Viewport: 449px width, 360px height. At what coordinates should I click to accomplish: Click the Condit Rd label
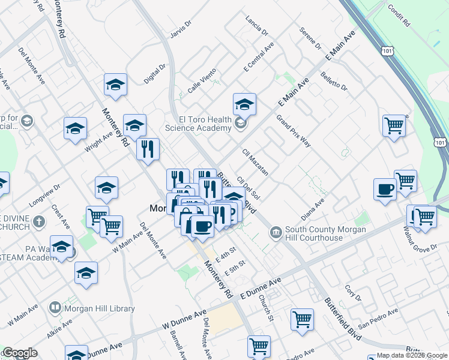point(397,17)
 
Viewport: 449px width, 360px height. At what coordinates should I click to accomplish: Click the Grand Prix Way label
point(294,131)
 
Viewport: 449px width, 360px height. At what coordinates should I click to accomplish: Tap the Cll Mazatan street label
point(255,162)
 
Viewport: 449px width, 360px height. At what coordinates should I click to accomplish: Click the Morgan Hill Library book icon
point(55,308)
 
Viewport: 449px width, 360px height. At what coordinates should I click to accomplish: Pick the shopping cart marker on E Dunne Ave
point(302,319)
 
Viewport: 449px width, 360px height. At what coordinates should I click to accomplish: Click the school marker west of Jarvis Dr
point(115,85)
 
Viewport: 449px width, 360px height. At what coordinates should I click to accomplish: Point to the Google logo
point(20,353)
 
